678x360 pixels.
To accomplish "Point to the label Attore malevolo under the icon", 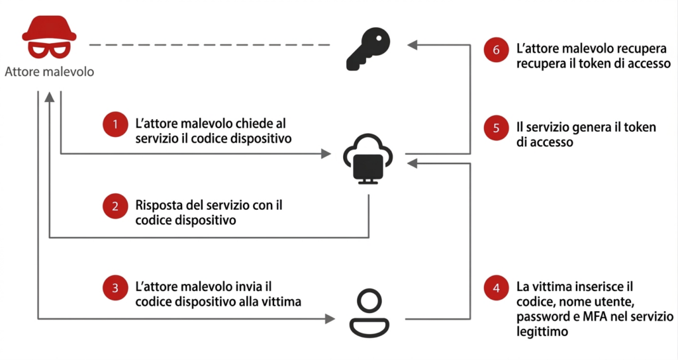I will [49, 71].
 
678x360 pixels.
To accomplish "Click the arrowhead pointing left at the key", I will [412, 45].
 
